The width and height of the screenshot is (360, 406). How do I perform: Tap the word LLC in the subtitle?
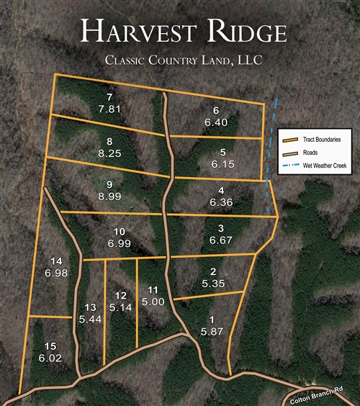246,62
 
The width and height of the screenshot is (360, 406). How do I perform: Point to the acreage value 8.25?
109,153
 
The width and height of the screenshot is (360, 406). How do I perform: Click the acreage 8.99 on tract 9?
109,196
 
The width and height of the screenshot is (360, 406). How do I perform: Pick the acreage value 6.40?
215,122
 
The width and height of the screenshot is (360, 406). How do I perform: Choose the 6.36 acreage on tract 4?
222,203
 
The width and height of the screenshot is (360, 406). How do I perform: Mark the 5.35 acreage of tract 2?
214,284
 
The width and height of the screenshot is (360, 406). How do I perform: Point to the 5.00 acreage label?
152,302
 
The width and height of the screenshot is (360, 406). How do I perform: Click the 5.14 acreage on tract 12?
120,307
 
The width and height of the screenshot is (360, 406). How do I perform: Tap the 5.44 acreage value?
91,318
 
